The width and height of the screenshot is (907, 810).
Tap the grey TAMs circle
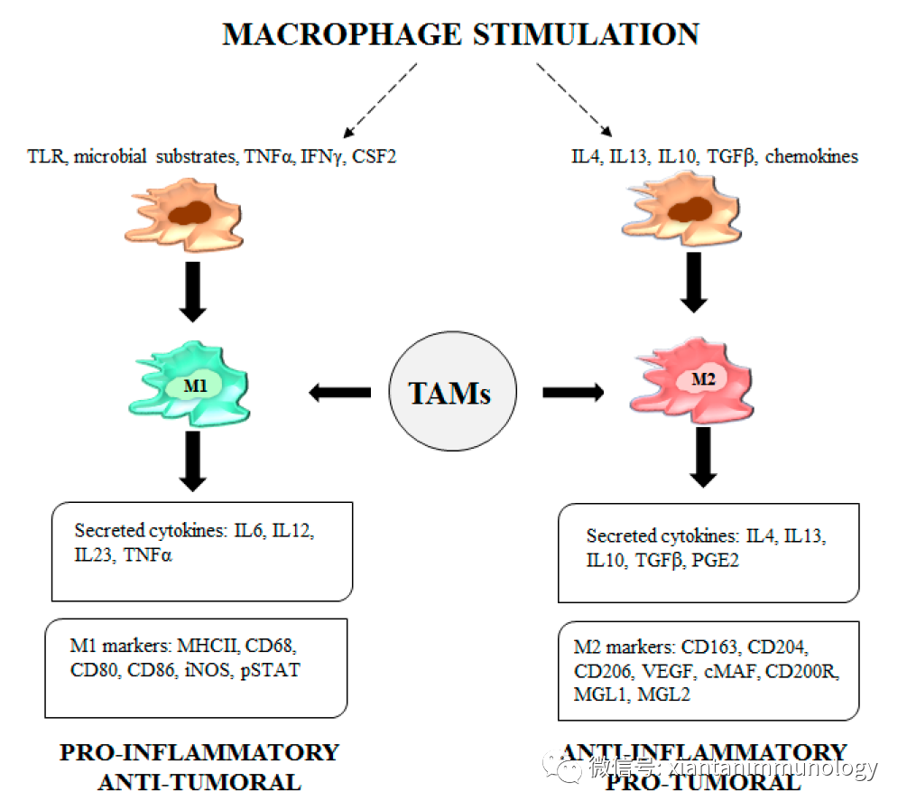[452, 393]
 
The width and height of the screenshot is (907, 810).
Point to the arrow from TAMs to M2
[573, 393]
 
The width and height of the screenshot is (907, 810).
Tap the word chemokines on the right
[813, 157]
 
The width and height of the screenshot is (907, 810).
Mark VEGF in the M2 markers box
[662, 671]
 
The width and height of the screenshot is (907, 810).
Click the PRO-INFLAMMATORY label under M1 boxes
[199, 752]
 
